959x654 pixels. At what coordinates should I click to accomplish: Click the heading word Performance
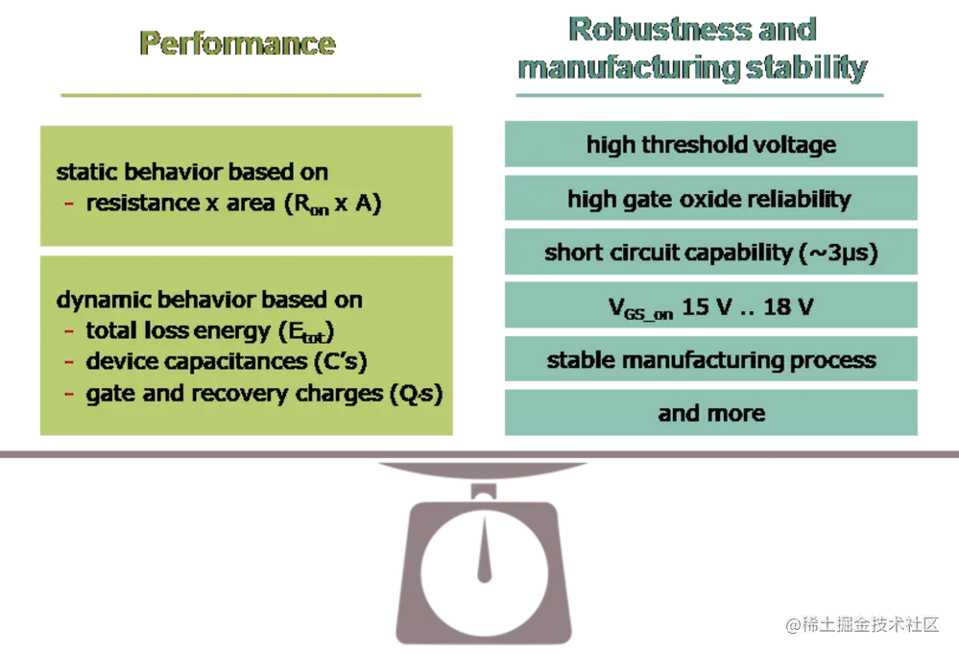pyautogui.click(x=238, y=43)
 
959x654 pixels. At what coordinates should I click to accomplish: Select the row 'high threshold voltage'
pyautogui.click(x=710, y=145)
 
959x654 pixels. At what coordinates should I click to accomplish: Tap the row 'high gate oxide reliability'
pyautogui.click(x=709, y=200)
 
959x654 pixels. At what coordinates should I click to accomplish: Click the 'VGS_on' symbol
pyautogui.click(x=640, y=309)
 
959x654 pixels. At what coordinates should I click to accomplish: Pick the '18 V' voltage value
pyautogui.click(x=791, y=307)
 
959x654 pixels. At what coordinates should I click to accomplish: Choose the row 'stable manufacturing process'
pyautogui.click(x=710, y=360)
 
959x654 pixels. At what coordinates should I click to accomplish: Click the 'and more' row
pyautogui.click(x=711, y=413)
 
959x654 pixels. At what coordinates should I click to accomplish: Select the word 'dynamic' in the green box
pyautogui.click(x=94, y=300)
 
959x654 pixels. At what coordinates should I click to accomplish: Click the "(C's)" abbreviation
pyautogui.click(x=340, y=362)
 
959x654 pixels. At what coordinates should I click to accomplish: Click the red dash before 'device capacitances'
pyautogui.click(x=69, y=363)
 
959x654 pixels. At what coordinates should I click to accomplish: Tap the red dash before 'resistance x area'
pyautogui.click(x=69, y=205)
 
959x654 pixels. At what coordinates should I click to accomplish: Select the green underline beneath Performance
pyautogui.click(x=240, y=93)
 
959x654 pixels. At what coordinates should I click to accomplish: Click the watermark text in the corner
pyautogui.click(x=860, y=623)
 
